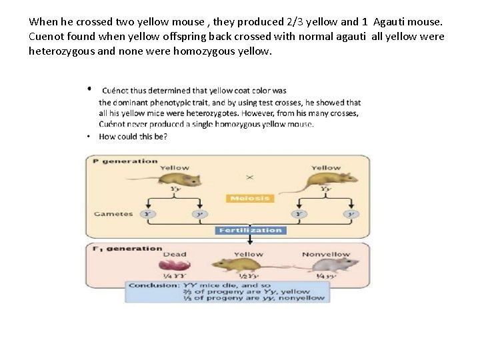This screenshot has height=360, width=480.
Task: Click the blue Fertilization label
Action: coord(250,230)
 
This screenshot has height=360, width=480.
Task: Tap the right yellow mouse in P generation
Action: coord(328,179)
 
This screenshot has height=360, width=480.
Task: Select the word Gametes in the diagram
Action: coord(113,214)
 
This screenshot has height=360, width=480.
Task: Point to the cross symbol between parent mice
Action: coord(250,177)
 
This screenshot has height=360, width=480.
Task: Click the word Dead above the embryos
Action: coord(175,254)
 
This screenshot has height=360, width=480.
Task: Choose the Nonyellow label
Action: coord(326,254)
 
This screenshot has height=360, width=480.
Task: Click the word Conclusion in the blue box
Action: coord(153,285)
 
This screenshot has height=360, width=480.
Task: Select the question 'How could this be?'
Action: coord(133,137)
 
